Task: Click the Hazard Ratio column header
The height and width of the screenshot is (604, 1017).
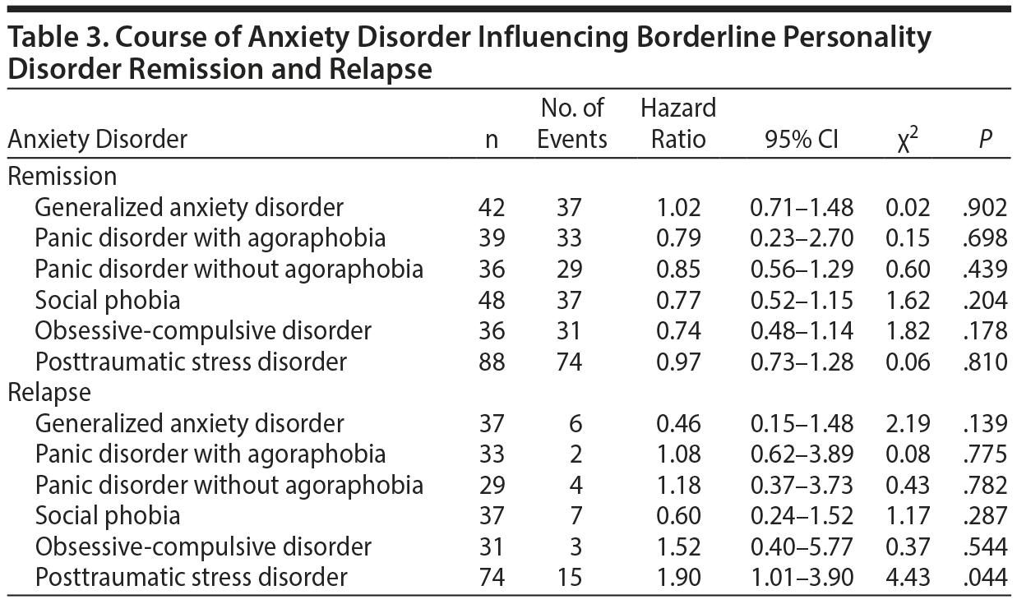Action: (677, 123)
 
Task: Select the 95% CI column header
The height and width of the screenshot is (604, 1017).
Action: (802, 140)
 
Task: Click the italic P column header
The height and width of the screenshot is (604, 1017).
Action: (983, 140)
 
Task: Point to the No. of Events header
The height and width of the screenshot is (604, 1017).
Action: (572, 123)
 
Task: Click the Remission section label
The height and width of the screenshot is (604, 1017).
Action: (62, 176)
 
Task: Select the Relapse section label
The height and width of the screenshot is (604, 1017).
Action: (49, 393)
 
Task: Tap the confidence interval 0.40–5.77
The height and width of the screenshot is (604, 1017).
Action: (802, 546)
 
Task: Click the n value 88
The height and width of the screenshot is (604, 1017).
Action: (492, 362)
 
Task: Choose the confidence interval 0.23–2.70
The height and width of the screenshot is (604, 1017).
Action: (802, 238)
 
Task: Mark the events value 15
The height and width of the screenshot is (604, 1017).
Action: (572, 578)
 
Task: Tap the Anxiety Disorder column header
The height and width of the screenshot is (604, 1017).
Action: (97, 140)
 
